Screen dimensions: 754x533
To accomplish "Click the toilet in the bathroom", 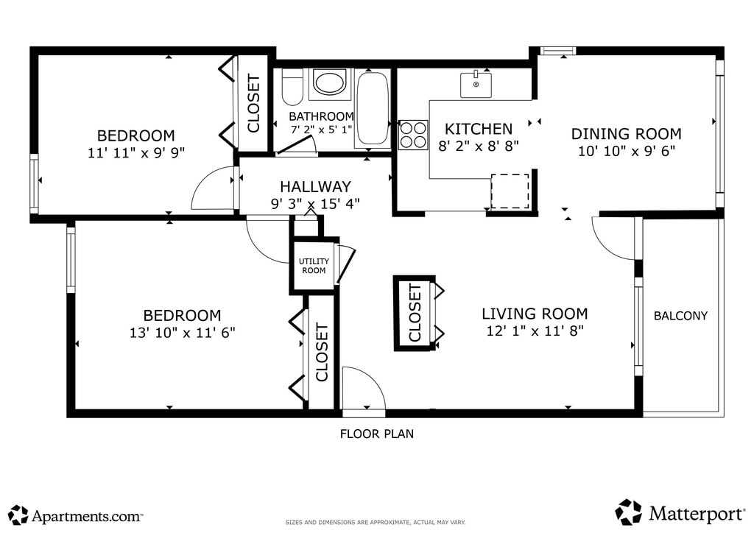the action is [292, 87].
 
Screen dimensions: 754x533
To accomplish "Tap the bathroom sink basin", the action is [330, 82].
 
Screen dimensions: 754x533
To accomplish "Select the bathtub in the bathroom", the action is [373, 109].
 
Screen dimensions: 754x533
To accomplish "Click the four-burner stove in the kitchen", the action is [414, 135].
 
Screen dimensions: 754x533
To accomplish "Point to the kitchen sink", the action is [476, 85].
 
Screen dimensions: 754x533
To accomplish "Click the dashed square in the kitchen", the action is [510, 191].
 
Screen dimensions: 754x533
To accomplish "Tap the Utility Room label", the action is [314, 266].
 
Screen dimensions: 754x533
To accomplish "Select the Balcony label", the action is [680, 316].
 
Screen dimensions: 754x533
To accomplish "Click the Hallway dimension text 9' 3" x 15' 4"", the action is [315, 204].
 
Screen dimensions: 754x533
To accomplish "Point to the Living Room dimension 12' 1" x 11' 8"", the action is [535, 331].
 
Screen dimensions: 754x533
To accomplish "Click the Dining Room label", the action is [626, 133].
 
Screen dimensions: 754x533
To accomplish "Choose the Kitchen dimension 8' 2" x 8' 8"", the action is [479, 146].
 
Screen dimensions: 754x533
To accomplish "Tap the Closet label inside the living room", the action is [415, 312].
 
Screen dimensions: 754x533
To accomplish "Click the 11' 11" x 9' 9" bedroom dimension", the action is [136, 153].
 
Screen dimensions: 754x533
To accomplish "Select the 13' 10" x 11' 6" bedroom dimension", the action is [183, 333].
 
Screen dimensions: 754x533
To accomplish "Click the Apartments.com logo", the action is [76, 515].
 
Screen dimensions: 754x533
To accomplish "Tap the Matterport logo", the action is [680, 513].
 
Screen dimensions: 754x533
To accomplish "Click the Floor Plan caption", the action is [376, 434].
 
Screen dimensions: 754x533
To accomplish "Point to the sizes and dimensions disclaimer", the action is [376, 523].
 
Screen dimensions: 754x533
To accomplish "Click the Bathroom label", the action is [321, 116].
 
